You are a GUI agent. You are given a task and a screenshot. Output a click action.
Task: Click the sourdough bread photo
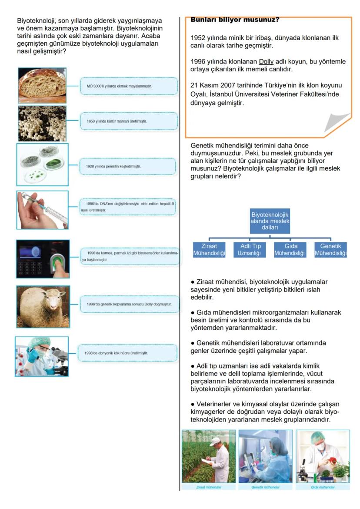42,85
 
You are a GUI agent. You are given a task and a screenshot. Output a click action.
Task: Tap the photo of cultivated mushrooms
42,123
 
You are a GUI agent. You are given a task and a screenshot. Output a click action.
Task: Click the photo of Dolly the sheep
43,306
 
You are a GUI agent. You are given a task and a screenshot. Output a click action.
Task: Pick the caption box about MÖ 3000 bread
129,86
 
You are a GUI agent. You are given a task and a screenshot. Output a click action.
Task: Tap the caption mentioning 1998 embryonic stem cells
127,353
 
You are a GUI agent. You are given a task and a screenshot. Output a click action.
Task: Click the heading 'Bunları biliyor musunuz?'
235,20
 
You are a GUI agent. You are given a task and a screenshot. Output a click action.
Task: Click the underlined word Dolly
266,61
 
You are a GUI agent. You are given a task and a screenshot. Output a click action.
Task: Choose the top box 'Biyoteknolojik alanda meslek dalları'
270,221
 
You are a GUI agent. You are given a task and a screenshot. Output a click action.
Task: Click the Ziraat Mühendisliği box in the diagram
210,250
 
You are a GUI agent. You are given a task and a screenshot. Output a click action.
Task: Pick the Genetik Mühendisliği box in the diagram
330,250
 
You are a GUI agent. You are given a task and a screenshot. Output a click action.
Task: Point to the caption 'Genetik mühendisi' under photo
265,487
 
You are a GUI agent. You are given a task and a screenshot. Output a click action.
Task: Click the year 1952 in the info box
198,38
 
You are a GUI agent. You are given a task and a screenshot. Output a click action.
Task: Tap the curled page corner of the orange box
337,124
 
